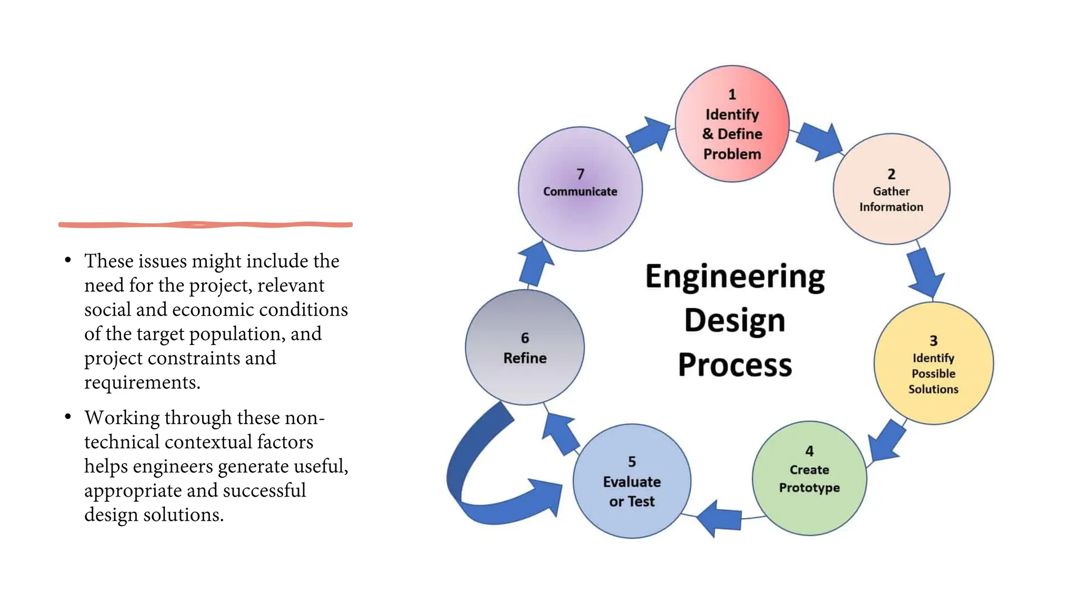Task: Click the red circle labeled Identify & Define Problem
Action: click(732, 124)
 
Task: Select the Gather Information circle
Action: click(891, 189)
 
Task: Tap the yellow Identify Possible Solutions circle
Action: click(933, 363)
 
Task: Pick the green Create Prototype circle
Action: click(809, 478)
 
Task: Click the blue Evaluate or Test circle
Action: click(632, 481)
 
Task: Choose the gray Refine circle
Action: click(525, 348)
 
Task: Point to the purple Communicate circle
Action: click(580, 189)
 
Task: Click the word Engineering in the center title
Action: click(735, 277)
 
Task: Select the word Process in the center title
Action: click(735, 365)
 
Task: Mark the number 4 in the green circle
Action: click(810, 451)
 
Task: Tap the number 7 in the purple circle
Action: click(580, 174)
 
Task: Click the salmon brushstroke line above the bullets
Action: click(205, 225)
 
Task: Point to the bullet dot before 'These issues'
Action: click(68, 260)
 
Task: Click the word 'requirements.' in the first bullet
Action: click(142, 382)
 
